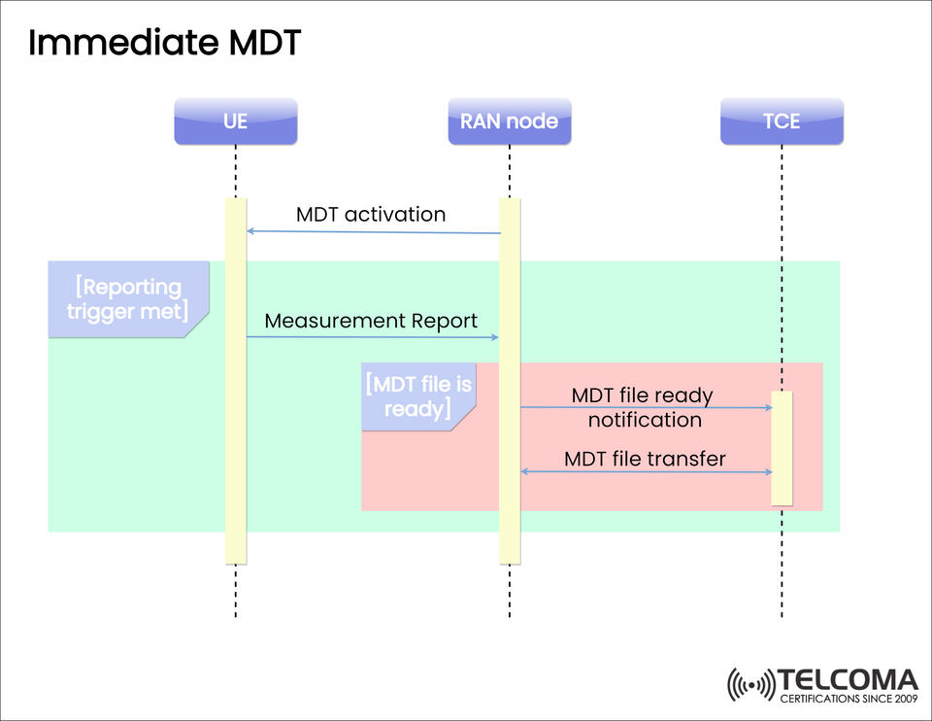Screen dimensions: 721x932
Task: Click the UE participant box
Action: click(236, 121)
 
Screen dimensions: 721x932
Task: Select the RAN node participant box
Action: click(510, 121)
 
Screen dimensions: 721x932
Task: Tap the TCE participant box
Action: click(782, 121)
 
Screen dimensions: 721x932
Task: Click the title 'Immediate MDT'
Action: click(165, 43)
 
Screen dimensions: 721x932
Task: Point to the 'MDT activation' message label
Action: click(371, 214)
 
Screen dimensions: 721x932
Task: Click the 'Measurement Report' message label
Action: click(371, 321)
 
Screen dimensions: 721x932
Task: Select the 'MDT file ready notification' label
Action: click(644, 408)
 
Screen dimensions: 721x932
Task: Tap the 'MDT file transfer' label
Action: click(645, 458)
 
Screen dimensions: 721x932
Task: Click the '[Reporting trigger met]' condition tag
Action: click(126, 299)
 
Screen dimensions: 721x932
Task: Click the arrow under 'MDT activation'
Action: click(373, 232)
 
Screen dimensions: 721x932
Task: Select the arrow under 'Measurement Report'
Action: click(373, 337)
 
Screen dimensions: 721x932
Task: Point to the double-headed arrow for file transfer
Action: click(647, 472)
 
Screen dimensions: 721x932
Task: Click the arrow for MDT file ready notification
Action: click(647, 407)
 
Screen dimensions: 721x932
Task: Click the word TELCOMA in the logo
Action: click(849, 679)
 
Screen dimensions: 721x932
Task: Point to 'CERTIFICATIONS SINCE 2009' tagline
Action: click(849, 698)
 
